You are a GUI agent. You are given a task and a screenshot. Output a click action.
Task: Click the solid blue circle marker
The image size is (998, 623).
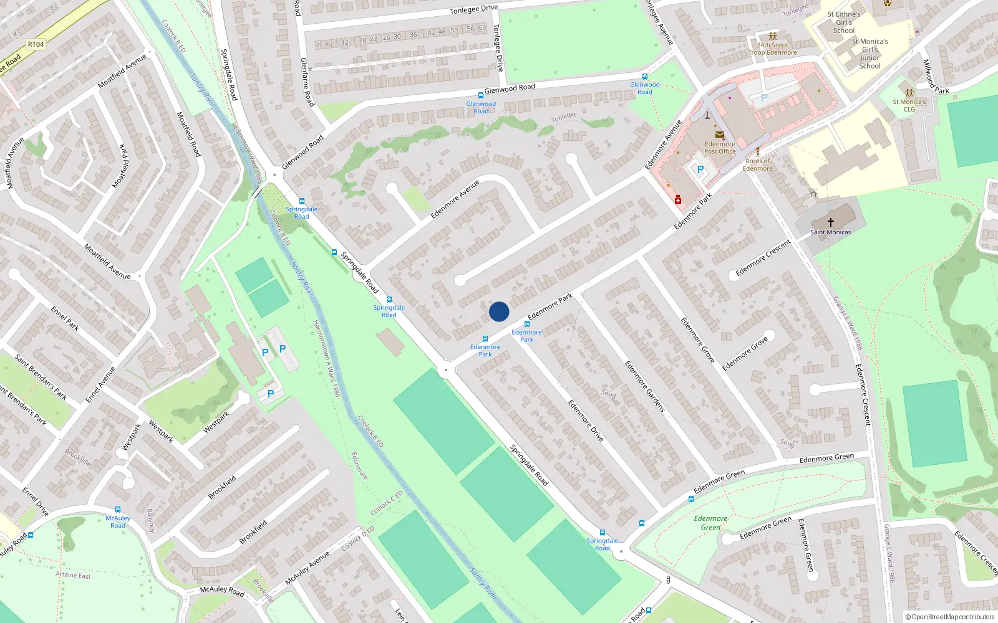[x=499, y=311]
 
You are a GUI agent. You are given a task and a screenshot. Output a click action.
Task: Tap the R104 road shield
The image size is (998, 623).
[x=36, y=44]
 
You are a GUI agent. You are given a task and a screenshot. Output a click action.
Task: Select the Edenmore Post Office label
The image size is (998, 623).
[x=720, y=148]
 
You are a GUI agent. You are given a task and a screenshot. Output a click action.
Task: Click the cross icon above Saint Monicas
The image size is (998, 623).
[x=830, y=222]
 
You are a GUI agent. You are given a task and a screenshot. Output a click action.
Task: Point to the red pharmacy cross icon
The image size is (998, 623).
[x=677, y=199]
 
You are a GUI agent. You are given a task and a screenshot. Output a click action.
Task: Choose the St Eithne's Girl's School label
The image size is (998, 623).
[x=843, y=22]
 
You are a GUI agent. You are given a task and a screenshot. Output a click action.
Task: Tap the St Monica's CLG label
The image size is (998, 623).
[x=909, y=105]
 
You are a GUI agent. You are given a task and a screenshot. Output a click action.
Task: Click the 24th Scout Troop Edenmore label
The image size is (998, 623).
[x=772, y=49]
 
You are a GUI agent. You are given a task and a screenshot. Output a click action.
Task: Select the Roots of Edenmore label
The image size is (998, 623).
[x=757, y=164]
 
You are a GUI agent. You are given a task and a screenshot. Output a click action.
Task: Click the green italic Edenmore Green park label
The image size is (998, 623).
[x=710, y=523]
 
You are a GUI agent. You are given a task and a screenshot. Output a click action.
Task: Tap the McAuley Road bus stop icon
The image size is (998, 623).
[x=118, y=510]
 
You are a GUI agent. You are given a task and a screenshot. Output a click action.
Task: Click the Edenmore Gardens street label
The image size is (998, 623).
[x=645, y=386]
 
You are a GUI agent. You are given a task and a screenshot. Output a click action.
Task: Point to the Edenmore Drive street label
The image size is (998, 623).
[x=586, y=421]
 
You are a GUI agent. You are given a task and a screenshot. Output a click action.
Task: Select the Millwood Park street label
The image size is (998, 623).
[x=935, y=77]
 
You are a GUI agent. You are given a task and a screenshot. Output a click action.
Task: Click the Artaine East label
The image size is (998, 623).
[x=73, y=574]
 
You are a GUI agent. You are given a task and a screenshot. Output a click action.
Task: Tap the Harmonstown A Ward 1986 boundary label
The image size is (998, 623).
[x=326, y=358]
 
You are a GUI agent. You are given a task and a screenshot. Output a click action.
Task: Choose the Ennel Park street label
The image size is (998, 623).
[x=65, y=318]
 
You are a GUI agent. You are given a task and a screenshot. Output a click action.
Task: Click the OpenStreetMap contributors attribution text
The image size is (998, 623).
[x=950, y=617]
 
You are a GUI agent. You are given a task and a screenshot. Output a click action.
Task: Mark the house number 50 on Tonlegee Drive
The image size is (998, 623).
[x=454, y=30]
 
